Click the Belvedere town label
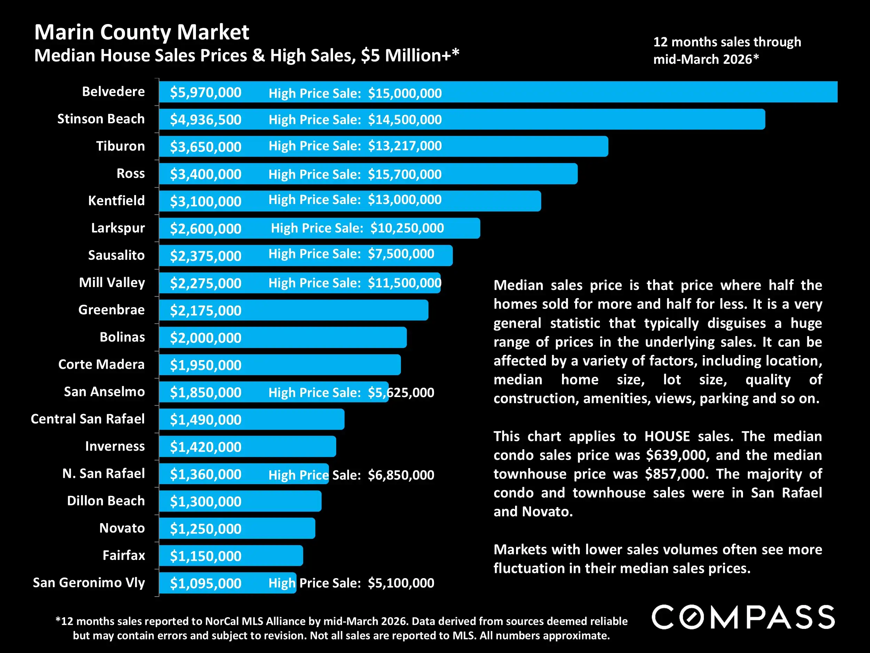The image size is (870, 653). click(113, 92)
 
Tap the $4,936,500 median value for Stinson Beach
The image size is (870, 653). click(205, 120)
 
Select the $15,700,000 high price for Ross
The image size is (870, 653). click(404, 174)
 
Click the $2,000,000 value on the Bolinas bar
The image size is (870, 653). click(205, 338)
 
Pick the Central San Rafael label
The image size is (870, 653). click(88, 419)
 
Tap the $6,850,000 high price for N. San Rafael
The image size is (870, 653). click(401, 475)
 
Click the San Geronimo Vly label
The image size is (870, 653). click(89, 583)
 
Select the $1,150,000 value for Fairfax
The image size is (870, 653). click(205, 556)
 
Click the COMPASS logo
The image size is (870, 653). click(743, 617)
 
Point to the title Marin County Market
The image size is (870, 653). click(142, 32)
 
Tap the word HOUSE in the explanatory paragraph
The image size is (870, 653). click(667, 436)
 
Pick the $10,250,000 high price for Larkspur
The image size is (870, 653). click(407, 228)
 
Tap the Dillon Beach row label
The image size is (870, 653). click(106, 501)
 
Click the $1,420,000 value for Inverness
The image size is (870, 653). click(205, 447)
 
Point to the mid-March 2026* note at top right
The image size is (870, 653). click(706, 60)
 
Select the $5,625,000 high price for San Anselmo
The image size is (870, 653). click(401, 392)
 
